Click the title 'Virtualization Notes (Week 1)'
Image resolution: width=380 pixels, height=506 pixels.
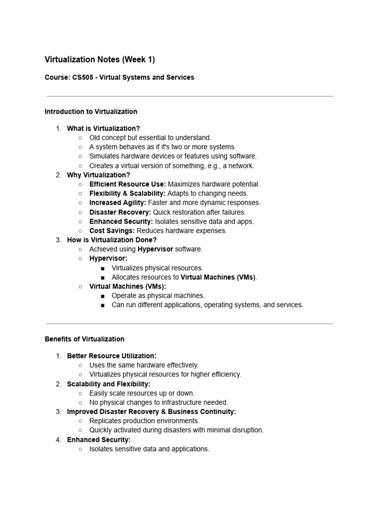click(99, 60)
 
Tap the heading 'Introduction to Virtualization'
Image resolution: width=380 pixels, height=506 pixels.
click(91, 112)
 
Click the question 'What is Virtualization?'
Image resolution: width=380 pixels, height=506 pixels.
click(103, 128)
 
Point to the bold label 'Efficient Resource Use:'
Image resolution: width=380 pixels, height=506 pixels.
click(127, 184)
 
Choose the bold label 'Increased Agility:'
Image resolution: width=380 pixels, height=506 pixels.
click(117, 203)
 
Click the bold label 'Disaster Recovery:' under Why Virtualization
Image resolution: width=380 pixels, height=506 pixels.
click(120, 212)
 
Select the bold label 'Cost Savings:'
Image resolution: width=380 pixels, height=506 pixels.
click(112, 231)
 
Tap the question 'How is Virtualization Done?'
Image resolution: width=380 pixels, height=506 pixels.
click(112, 240)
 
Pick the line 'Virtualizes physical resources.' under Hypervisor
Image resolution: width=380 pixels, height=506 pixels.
click(157, 268)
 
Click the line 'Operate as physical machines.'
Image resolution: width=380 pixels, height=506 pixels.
click(158, 295)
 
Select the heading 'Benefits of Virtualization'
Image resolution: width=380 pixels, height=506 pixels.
click(84, 339)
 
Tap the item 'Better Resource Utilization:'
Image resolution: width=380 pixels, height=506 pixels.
click(111, 356)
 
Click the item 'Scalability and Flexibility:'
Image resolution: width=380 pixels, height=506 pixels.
click(108, 384)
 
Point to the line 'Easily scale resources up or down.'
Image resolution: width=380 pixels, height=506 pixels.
click(142, 393)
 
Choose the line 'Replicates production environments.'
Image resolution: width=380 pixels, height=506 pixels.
click(144, 421)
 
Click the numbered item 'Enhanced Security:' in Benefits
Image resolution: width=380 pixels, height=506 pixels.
click(98, 440)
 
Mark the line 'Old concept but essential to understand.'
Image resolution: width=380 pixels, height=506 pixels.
click(150, 138)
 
